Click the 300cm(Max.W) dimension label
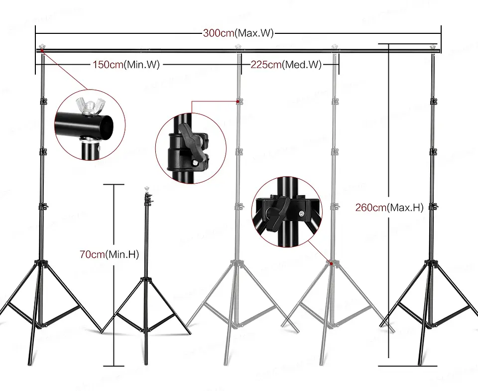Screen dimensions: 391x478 tap(239, 34)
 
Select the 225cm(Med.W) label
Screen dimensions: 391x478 tap(285, 64)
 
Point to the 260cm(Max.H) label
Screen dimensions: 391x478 tap(389, 208)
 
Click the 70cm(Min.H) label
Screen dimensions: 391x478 tap(109, 255)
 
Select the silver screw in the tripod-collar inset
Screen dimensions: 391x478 tap(302, 213)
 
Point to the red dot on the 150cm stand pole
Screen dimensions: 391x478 tap(239, 102)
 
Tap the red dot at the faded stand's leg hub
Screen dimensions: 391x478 tap(331, 262)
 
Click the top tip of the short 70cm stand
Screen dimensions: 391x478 tap(146, 189)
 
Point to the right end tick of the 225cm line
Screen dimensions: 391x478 tap(339, 64)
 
